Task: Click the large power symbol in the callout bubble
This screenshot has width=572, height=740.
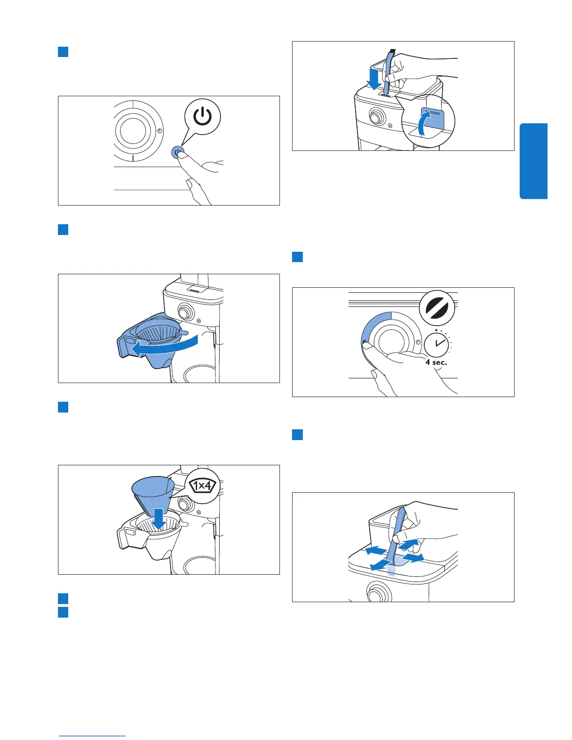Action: [202, 117]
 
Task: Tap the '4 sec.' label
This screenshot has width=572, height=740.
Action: [436, 362]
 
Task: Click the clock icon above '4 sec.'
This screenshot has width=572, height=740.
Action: [436, 345]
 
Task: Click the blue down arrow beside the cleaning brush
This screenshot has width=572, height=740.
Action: [373, 78]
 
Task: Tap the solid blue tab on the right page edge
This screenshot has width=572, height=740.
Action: [533, 161]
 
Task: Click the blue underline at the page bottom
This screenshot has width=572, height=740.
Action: [93, 736]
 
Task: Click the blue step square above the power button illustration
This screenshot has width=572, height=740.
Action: [64, 51]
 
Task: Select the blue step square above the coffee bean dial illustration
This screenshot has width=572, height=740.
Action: [298, 257]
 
